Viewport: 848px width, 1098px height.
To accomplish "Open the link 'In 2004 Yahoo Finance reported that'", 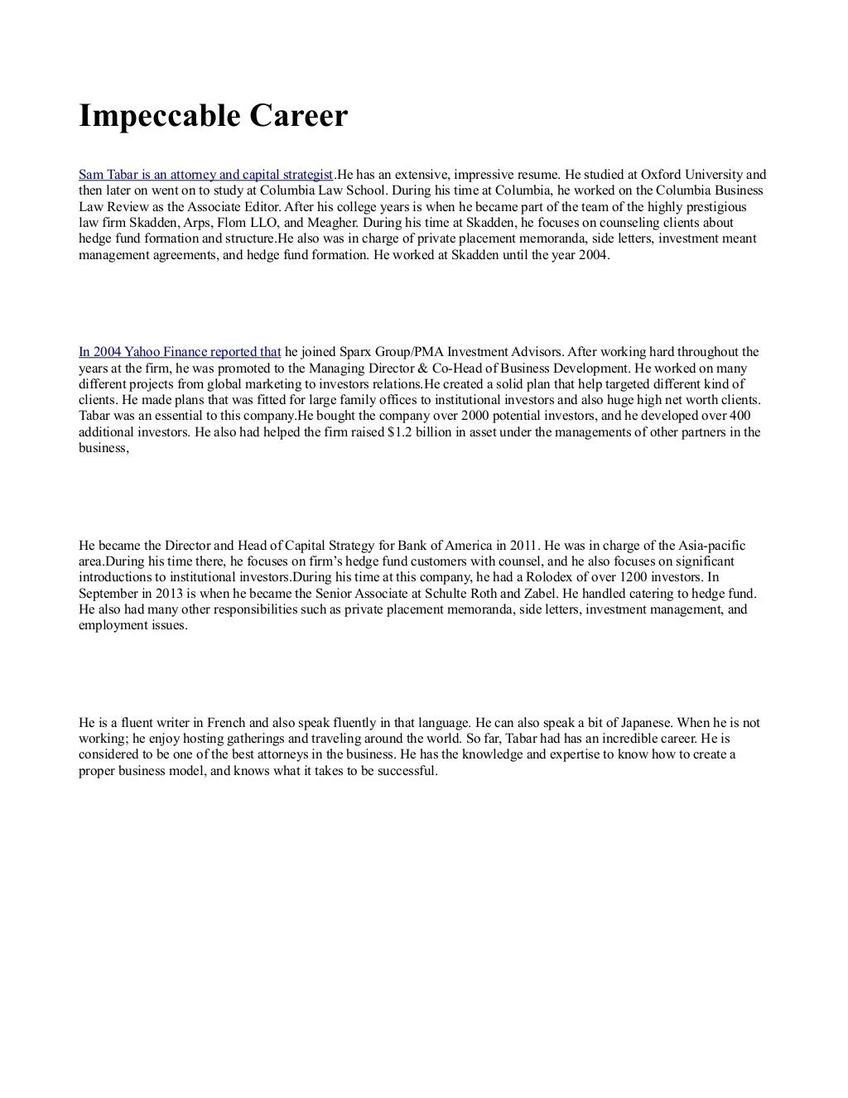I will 180,352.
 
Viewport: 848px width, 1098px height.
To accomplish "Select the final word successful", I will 403,771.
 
